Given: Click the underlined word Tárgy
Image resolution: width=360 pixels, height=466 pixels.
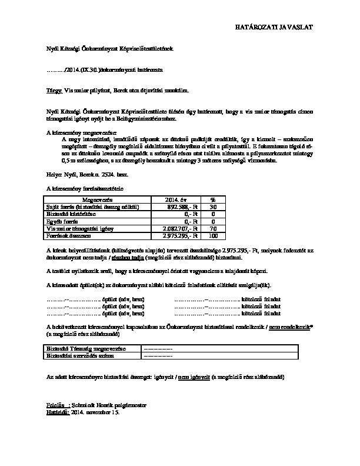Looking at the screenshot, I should pos(54,91).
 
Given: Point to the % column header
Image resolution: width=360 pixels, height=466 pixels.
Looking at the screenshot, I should pos(213,201).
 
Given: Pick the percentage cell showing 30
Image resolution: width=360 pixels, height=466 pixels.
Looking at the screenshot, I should pos(213,207).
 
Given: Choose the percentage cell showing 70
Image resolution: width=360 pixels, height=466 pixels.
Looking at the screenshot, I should pos(213,228).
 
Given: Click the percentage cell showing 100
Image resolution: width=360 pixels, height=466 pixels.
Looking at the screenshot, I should pos(213,235).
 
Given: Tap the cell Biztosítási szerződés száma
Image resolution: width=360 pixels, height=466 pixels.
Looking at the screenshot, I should pos(79,357).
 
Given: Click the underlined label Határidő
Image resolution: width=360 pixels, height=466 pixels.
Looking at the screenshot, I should pos(57,413).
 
